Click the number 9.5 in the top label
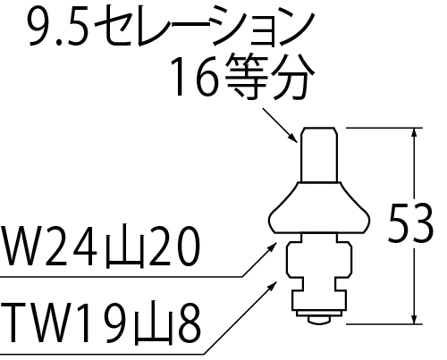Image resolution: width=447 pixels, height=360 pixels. (59, 27)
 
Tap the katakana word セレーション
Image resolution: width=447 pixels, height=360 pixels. (205, 28)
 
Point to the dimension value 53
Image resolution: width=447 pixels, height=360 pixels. (410, 222)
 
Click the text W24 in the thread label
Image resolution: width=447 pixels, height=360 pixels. (48, 246)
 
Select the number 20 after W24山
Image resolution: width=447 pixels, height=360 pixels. (174, 246)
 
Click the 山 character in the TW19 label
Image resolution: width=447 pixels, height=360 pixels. (153, 324)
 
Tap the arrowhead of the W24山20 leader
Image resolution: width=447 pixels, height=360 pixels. (272, 247)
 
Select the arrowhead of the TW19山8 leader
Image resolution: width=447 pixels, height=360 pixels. (272, 287)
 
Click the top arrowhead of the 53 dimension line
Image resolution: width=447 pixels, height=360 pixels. (414, 133)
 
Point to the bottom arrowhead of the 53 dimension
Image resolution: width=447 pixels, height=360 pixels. (414, 318)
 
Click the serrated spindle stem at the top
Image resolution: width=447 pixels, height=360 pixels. (319, 155)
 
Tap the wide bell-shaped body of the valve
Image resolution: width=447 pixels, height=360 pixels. (319, 207)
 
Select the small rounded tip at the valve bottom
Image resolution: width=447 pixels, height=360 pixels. (319, 320)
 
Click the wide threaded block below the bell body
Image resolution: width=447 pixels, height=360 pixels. (319, 260)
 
